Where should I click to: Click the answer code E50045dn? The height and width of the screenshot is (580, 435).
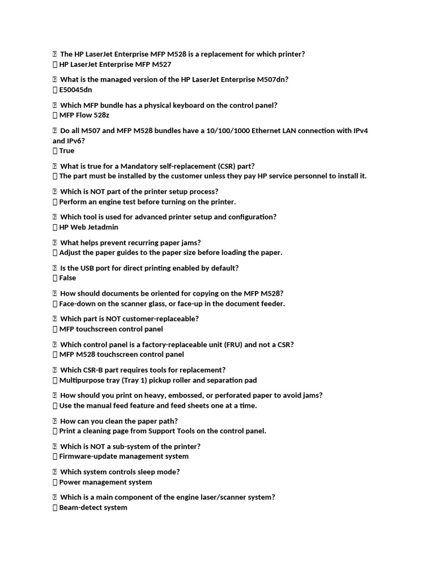(x=75, y=89)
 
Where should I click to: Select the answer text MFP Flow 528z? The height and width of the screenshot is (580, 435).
(x=84, y=115)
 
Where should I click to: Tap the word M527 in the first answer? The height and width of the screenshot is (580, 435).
(x=161, y=64)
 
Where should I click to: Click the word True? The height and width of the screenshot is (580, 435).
(x=67, y=151)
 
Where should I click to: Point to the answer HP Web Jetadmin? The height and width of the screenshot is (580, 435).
(x=89, y=227)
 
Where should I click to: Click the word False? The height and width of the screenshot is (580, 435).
(x=67, y=278)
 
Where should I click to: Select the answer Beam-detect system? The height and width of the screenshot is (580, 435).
(x=93, y=507)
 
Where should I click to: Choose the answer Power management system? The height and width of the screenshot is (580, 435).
(x=105, y=482)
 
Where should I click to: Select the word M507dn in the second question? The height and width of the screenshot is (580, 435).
(x=270, y=79)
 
